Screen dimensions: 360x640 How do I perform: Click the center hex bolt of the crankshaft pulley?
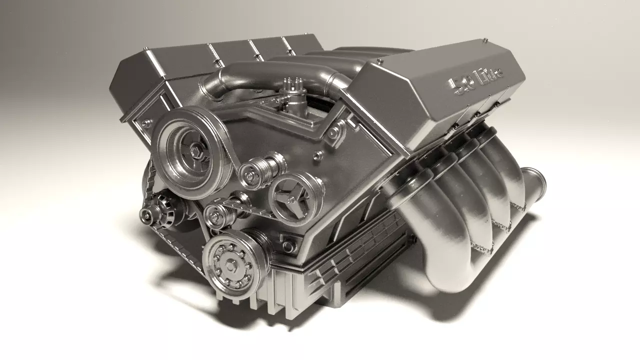(231, 265)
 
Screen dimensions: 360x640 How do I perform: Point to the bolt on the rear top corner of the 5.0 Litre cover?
(485, 39)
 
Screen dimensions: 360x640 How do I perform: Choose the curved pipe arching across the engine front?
(270, 75)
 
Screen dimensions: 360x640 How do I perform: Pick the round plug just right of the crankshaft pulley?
(288, 245)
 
